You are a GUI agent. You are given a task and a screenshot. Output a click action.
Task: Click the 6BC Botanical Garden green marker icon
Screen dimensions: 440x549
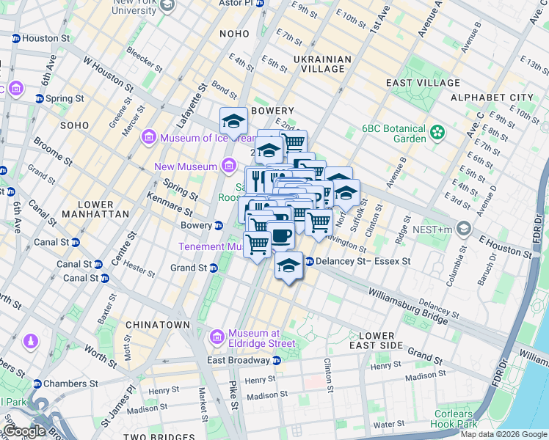pyautogui.click(x=438, y=132)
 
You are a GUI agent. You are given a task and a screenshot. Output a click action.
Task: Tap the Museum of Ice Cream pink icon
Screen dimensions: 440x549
pyautogui.click(x=149, y=137)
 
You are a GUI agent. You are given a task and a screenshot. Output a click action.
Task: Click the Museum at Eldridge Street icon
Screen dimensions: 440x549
pyautogui.click(x=217, y=337)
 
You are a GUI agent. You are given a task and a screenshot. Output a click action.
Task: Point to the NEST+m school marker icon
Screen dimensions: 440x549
pyautogui.click(x=463, y=230)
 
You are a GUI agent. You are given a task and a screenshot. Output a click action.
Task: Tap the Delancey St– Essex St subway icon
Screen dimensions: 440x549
pyautogui.click(x=309, y=260)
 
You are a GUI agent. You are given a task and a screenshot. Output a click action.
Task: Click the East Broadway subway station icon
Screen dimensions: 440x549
pyautogui.click(x=277, y=360)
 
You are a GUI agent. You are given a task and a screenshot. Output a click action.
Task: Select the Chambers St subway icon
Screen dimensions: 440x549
pyautogui.click(x=37, y=384)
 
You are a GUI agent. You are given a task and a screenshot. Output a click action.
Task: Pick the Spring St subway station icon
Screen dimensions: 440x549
pyautogui.click(x=38, y=98)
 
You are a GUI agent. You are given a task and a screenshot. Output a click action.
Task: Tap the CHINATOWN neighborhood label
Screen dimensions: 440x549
pyautogui.click(x=158, y=324)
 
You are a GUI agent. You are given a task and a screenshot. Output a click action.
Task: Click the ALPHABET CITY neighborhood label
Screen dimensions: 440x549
pyautogui.click(x=492, y=98)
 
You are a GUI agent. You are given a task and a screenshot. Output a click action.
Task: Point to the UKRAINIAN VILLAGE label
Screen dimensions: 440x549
pyautogui.click(x=319, y=64)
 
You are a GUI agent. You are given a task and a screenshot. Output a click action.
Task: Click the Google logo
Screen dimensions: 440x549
pyautogui.click(x=25, y=431)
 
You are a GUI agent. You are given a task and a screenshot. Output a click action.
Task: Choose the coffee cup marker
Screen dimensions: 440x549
pyautogui.click(x=281, y=235)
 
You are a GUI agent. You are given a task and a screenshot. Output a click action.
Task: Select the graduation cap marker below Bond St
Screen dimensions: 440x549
pyautogui.click(x=234, y=121)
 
